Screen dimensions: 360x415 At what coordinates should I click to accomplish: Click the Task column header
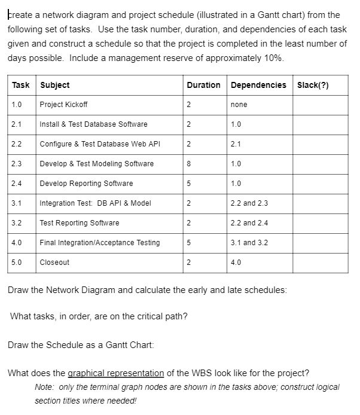[21, 85]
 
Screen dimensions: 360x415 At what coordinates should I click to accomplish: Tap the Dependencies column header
[258, 85]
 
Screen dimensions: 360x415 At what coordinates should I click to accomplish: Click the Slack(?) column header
[313, 85]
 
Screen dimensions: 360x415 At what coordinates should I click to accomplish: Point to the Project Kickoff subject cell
[63, 105]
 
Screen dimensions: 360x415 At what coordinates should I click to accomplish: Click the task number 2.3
[16, 164]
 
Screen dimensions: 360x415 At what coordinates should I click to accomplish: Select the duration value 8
[188, 164]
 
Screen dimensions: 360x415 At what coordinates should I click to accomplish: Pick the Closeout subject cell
[54, 263]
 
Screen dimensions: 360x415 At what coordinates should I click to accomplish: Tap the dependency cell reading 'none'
[239, 105]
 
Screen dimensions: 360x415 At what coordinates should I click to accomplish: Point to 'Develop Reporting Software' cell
[86, 184]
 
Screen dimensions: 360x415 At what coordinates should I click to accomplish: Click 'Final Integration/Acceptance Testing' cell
[100, 243]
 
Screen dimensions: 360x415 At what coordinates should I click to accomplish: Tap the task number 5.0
[16, 263]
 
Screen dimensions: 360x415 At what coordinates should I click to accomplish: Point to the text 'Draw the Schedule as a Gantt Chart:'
[81, 345]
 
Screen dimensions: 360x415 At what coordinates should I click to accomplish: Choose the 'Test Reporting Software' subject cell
[80, 223]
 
